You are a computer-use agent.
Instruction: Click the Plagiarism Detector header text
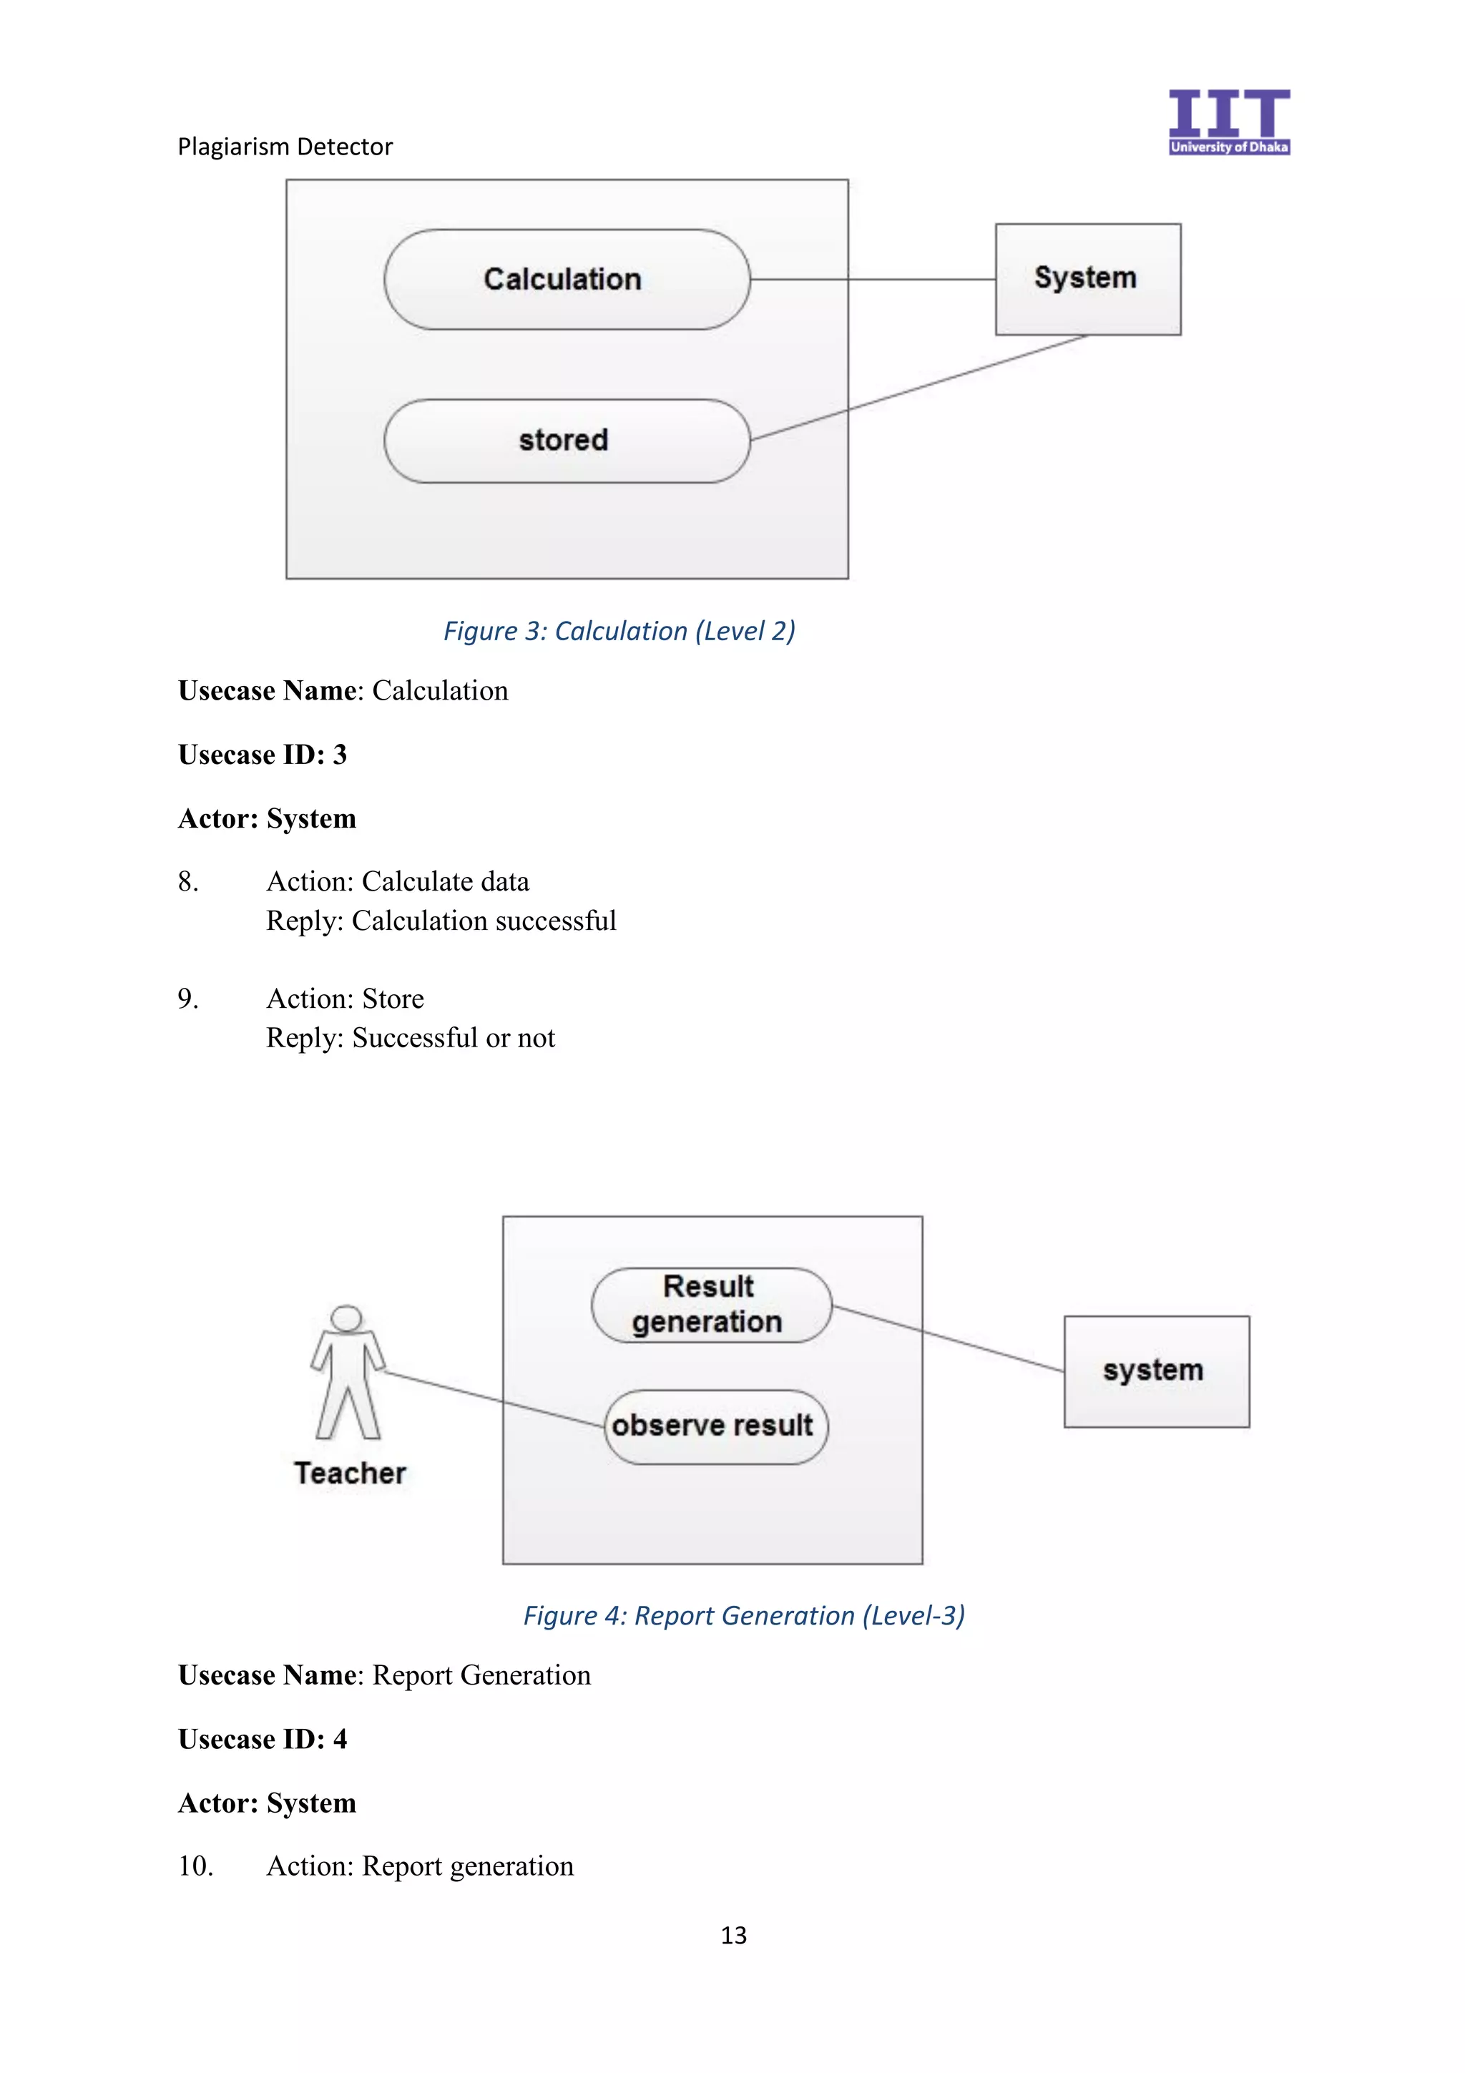click(x=285, y=146)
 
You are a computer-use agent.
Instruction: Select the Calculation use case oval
click(x=566, y=279)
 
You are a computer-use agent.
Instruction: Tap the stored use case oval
click(x=566, y=441)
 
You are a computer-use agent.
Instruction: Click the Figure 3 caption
click(x=619, y=630)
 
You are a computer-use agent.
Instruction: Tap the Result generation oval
click(x=710, y=1305)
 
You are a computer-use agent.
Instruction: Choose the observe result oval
click(x=715, y=1426)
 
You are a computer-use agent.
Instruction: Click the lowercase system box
click(x=1155, y=1371)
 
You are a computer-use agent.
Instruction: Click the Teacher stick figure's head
click(x=347, y=1318)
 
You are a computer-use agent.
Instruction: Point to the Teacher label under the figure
click(x=351, y=1473)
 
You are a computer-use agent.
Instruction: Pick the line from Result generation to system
click(x=948, y=1339)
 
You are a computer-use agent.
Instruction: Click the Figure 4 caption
click(x=744, y=1615)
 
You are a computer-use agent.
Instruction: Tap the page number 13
click(x=733, y=1935)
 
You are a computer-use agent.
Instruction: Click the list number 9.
click(x=187, y=999)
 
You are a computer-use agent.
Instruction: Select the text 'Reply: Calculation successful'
click(x=441, y=921)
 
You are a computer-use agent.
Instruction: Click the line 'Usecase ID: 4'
click(x=263, y=1739)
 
